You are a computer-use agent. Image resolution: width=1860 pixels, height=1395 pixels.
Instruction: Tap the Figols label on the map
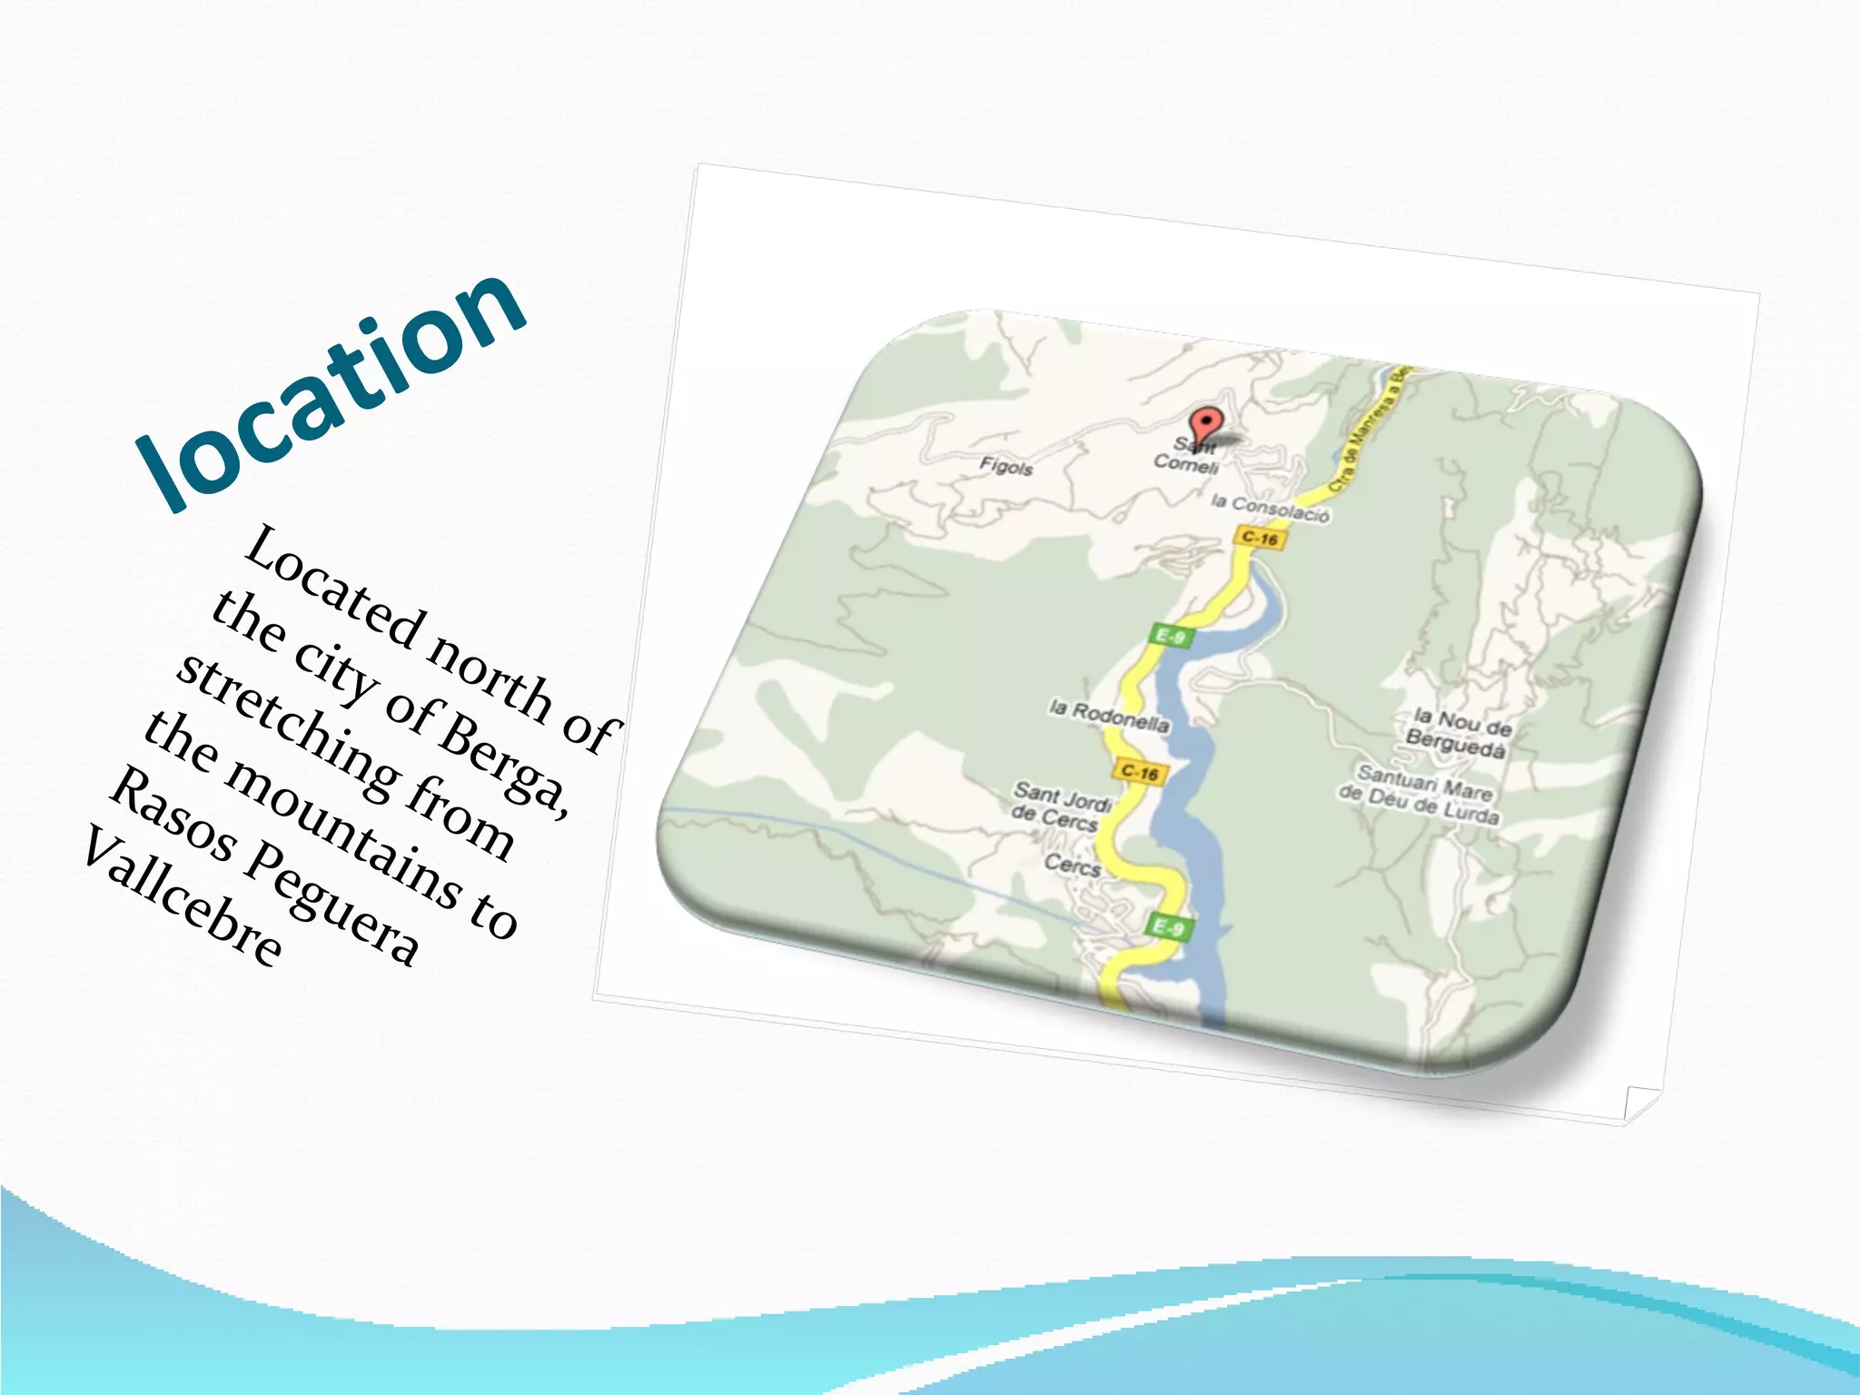tap(1006, 467)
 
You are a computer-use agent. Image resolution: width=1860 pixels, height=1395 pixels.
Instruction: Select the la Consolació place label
tap(1270, 509)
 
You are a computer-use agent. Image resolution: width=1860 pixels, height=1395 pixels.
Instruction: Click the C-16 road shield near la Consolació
tap(1260, 538)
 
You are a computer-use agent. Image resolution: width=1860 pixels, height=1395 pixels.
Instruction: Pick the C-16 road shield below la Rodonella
tap(1139, 772)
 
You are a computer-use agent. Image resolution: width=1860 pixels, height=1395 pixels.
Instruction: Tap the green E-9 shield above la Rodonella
tap(1170, 636)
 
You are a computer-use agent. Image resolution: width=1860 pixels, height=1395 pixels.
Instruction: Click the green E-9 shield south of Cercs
tap(1167, 927)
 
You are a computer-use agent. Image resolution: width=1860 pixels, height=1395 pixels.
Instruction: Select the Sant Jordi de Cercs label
tap(1061, 806)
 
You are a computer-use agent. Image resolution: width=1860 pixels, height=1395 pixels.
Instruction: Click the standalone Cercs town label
tap(1073, 864)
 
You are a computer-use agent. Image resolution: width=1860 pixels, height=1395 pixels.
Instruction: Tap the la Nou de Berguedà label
tap(1459, 734)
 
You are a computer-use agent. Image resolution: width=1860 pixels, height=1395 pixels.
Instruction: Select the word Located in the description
tap(334, 589)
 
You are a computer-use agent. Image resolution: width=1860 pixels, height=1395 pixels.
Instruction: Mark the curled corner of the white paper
tap(1640, 1103)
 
